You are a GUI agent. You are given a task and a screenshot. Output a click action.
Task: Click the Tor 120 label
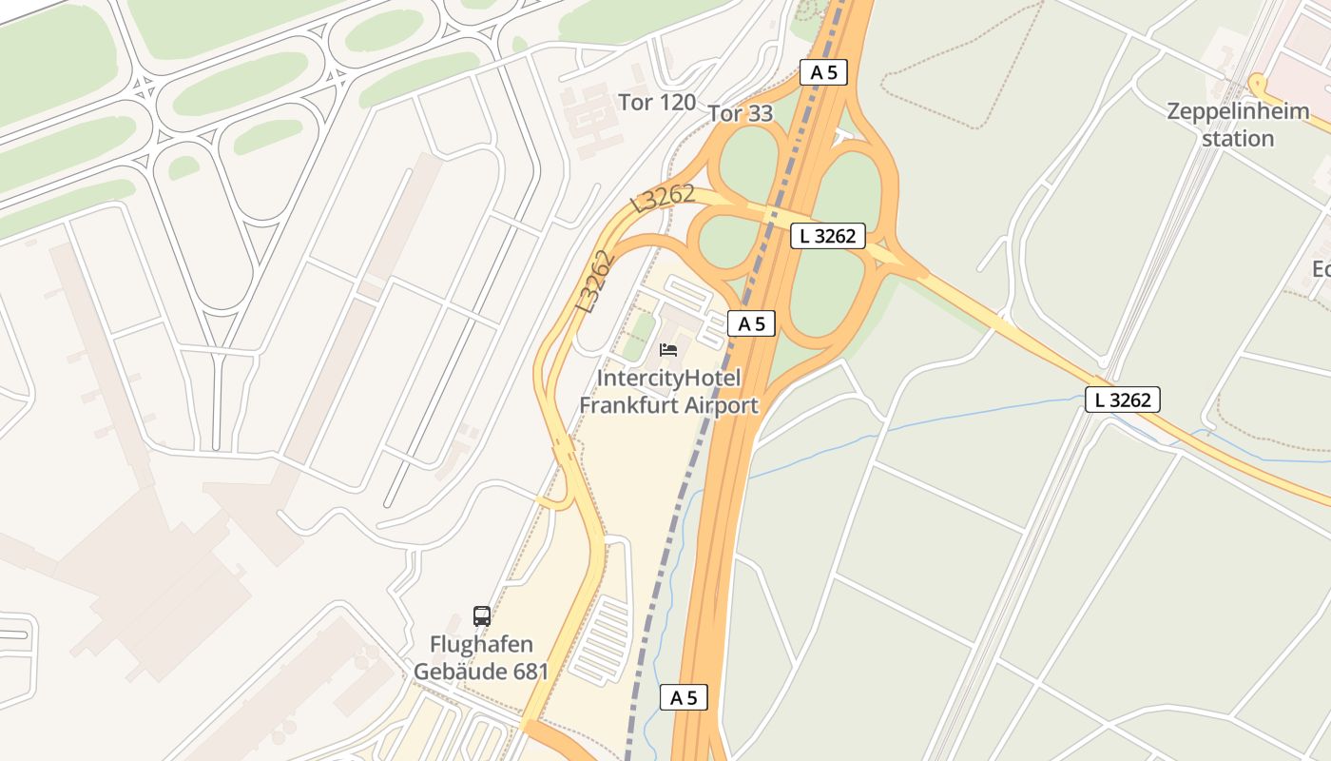coord(657,103)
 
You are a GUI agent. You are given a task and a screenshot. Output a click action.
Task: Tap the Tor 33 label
coord(741,114)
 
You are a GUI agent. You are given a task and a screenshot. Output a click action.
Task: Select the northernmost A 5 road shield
coord(823,72)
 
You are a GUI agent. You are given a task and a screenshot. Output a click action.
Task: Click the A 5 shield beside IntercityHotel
coord(752,323)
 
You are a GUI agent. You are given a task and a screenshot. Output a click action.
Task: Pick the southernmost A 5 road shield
coord(684,697)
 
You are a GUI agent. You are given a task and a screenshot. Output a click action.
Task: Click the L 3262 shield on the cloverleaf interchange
coord(828,236)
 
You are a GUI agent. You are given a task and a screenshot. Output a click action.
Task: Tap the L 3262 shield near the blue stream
coord(1123,400)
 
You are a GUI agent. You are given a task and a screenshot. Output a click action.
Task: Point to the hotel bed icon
coord(668,350)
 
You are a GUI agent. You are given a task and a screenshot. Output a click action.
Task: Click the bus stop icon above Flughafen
coord(482,615)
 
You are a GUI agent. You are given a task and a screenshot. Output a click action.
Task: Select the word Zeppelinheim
coord(1238,111)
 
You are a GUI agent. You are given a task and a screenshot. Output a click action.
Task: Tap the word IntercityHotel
coord(668,379)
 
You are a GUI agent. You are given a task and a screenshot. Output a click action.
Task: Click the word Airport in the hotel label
coord(719,405)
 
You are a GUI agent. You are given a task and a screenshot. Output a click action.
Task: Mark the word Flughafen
coord(481,645)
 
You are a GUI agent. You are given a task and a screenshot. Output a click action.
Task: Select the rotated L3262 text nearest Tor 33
coord(663,198)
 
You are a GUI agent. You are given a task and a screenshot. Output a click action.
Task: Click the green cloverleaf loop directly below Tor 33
coord(749,162)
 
